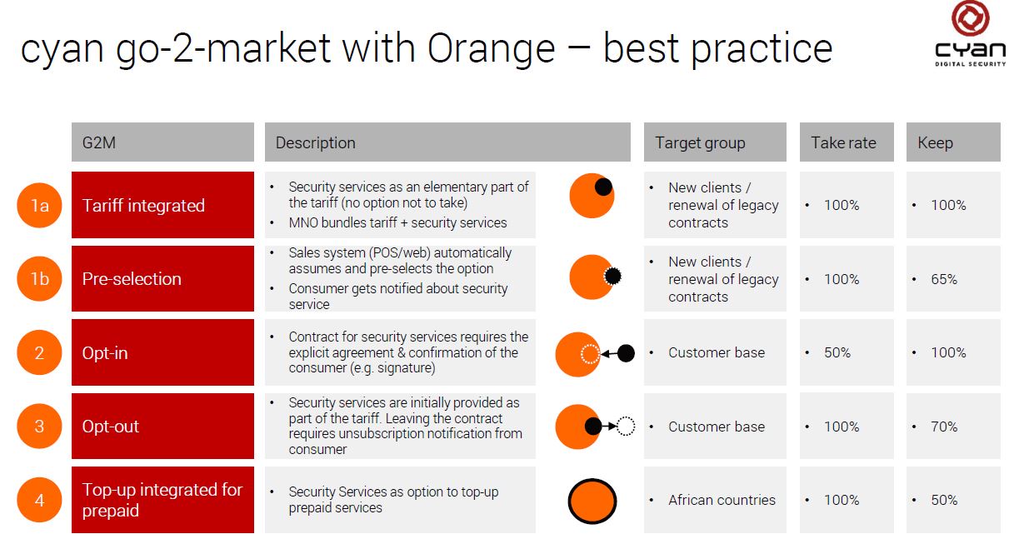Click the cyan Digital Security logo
(971, 34)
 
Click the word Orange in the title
(491, 48)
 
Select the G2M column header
(162, 142)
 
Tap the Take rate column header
(847, 142)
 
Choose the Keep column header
(953, 142)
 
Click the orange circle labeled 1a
(40, 205)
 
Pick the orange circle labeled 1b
(40, 279)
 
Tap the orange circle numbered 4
(40, 500)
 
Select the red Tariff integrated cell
(162, 205)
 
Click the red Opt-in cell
(162, 352)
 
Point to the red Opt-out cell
(162, 426)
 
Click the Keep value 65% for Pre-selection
(944, 279)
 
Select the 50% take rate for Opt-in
(837, 352)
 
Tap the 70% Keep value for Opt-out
(944, 427)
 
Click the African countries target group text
(722, 500)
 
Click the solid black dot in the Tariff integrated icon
(603, 187)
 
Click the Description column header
(447, 142)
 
